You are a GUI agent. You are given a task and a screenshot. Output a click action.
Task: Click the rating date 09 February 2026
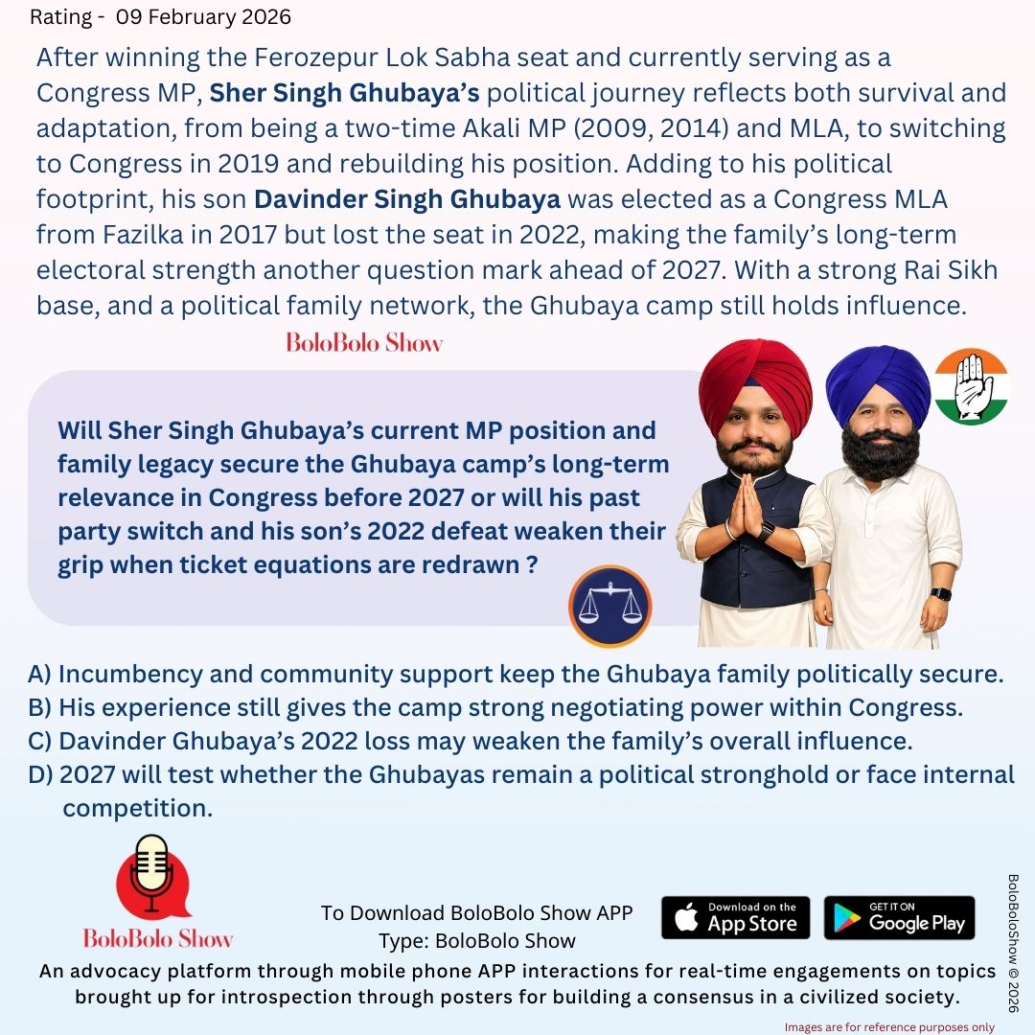pos(203,17)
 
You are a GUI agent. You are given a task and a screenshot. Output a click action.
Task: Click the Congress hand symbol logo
pos(971,385)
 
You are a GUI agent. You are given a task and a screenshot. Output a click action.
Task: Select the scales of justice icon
pos(609,607)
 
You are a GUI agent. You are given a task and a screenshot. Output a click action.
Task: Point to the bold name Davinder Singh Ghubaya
pos(407,200)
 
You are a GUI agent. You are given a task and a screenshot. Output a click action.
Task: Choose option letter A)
pos(39,674)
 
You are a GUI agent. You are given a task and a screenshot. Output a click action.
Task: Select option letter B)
pos(39,707)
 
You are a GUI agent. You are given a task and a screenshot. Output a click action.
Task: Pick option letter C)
pos(39,741)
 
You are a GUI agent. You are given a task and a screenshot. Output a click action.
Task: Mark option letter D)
pos(40,774)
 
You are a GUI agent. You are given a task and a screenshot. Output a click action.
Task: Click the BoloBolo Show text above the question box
pos(364,342)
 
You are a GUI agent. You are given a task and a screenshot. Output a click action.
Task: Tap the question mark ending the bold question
pos(530,564)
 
